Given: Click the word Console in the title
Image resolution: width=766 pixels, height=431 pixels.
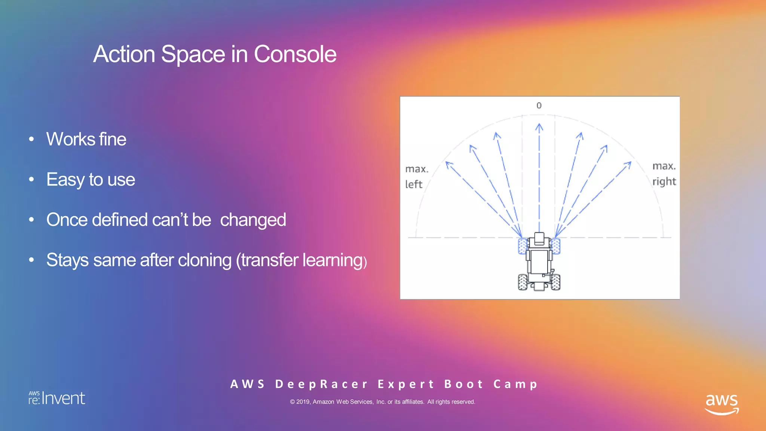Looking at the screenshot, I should [x=295, y=54].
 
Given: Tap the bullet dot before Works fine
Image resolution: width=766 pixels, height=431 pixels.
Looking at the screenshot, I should [x=31, y=140].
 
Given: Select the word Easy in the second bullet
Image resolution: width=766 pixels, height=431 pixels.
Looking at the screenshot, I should [x=65, y=180].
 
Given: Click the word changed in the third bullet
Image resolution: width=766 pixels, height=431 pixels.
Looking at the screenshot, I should [x=253, y=220].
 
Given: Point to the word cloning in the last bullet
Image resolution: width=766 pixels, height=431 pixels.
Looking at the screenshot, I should [x=205, y=260].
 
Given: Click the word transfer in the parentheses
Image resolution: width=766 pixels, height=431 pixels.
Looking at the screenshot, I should [x=270, y=260].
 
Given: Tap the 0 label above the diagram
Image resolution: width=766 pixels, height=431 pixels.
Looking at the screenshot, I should [x=539, y=106].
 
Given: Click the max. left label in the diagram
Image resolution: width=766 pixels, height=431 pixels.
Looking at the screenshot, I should [x=416, y=177].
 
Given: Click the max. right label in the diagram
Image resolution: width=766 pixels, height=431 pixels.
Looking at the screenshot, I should [x=664, y=174].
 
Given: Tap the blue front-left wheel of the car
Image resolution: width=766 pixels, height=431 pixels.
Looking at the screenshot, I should [x=523, y=246].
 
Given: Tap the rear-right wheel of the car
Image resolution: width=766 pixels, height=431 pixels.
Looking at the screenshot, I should [x=556, y=282].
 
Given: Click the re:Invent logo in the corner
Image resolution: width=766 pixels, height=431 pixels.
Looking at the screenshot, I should [x=57, y=398].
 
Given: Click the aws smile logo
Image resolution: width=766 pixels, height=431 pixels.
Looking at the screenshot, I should [x=721, y=404].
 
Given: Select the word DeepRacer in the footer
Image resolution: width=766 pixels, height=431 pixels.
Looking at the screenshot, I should [x=322, y=384].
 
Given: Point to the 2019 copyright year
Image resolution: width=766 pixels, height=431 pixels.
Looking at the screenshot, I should [x=303, y=402].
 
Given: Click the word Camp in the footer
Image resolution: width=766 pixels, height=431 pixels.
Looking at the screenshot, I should [x=515, y=384].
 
